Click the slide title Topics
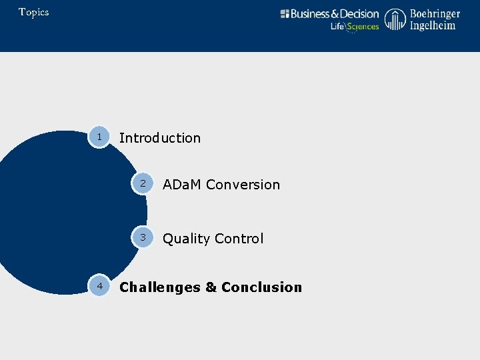tap(34, 12)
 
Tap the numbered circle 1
tap(99, 137)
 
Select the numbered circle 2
tap(143, 184)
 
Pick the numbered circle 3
tap(143, 238)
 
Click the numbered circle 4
tap(99, 286)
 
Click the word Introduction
tap(159, 138)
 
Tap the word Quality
tap(185, 239)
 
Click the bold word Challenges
tap(159, 287)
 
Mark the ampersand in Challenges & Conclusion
tap(211, 287)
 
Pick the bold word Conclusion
tap(261, 287)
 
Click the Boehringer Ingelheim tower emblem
tap(395, 20)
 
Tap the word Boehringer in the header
tap(435, 14)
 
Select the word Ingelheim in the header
tap(433, 26)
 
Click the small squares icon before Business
tap(285, 14)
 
